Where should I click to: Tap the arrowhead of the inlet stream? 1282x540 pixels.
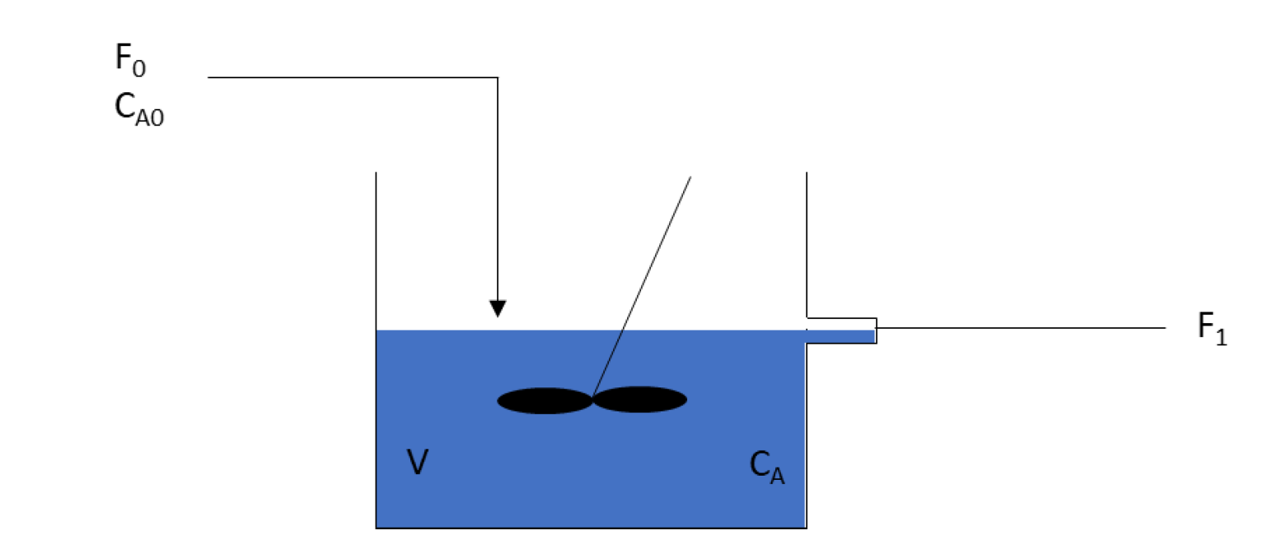497,308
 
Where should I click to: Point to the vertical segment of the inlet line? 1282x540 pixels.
498,190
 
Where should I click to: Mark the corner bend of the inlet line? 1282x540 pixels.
498,77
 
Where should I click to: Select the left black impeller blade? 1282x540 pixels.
545,401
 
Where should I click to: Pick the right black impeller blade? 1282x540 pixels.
640,400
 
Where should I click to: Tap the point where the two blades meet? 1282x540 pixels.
592,400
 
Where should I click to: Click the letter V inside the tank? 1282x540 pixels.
417,463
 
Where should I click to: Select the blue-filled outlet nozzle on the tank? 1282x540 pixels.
840,336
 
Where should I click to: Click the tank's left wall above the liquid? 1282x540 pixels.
377,247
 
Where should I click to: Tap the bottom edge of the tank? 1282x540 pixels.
591,527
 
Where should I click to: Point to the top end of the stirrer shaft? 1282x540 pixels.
690,177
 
